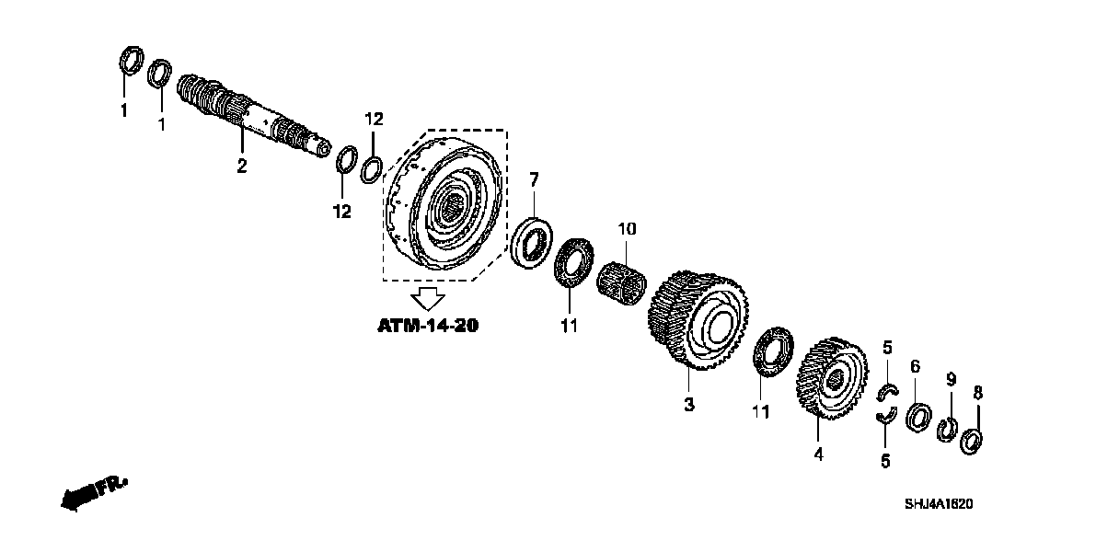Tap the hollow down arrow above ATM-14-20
click(427, 298)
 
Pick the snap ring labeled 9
click(946, 430)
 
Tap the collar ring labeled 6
click(918, 417)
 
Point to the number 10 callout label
click(626, 226)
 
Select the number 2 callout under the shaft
click(241, 166)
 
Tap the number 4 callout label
click(818, 454)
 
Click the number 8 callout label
click(978, 393)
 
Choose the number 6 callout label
click(915, 366)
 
